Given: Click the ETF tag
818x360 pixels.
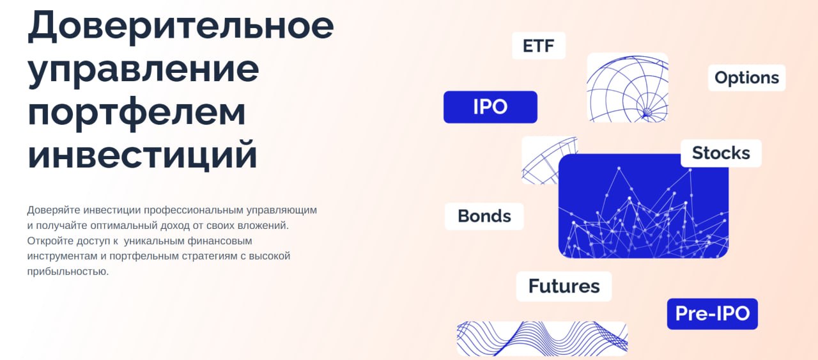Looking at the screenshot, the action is click(539, 45).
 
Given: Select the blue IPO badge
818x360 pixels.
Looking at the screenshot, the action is click(490, 107).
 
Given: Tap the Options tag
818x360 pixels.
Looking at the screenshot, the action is click(747, 78).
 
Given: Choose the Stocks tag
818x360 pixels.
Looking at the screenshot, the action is click(722, 153).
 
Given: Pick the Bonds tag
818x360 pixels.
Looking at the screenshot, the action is click(484, 216).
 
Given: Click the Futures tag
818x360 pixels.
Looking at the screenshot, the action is click(564, 286).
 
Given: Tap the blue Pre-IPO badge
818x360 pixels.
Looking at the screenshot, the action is click(713, 314).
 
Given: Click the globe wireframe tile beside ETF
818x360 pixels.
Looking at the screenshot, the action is click(628, 88).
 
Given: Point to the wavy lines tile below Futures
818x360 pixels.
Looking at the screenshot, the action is click(542, 339).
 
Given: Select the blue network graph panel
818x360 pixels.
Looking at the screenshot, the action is click(644, 206).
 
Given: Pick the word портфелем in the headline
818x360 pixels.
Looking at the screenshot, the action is click(137, 113).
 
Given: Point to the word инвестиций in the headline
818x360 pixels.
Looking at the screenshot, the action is click(143, 155).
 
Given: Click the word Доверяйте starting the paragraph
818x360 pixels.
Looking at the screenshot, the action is click(54, 210).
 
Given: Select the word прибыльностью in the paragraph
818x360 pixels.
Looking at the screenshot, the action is click(68, 272).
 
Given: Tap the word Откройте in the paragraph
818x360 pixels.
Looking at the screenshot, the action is click(50, 241).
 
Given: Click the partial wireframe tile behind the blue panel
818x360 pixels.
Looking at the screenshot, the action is click(539, 160).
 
